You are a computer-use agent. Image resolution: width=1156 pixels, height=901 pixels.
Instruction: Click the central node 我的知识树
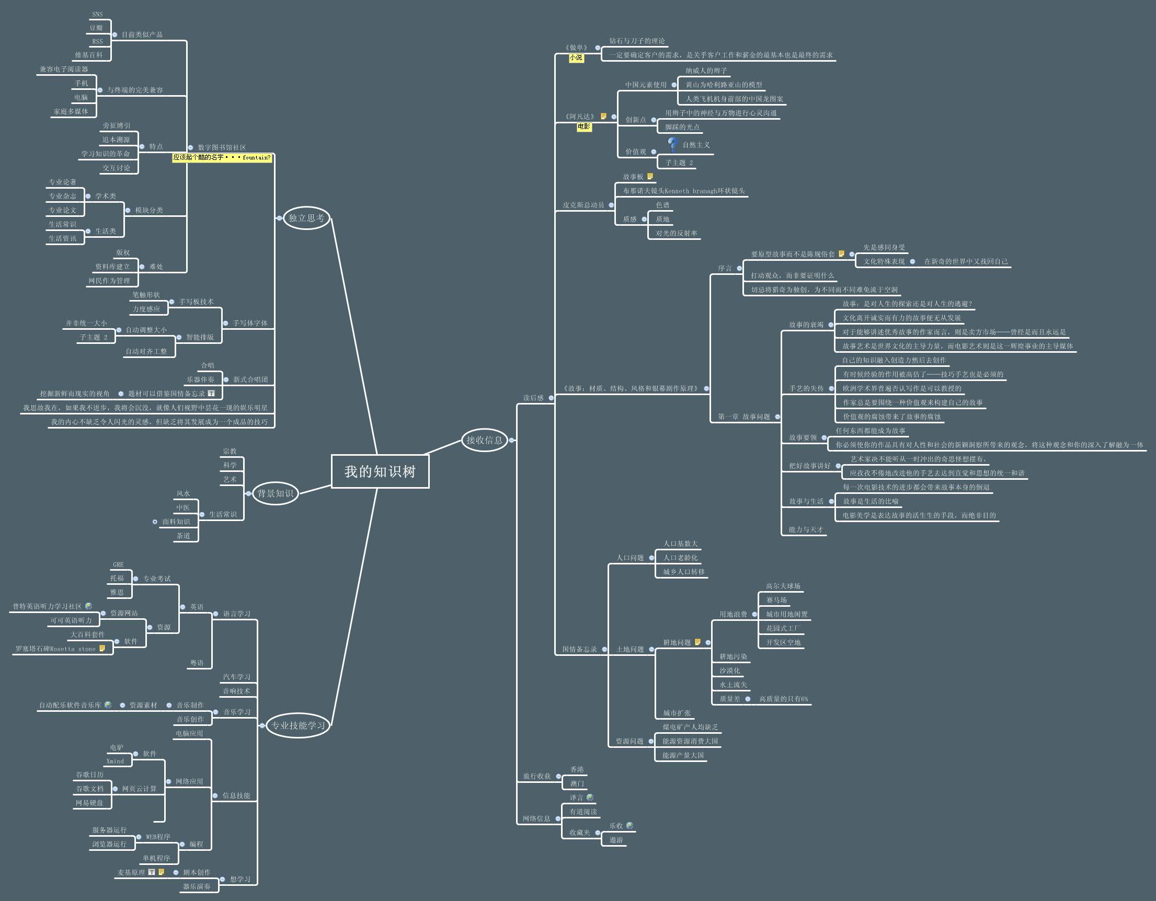coord(380,471)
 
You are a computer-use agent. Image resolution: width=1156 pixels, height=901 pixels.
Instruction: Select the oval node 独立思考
coord(306,218)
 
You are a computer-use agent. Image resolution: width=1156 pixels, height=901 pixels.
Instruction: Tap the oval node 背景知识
coord(275,493)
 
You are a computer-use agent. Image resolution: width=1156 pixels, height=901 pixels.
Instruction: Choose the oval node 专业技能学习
coord(298,725)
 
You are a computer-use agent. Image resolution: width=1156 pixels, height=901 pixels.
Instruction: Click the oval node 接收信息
coord(484,440)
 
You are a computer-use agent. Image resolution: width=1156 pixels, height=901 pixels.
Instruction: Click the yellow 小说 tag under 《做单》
coord(576,57)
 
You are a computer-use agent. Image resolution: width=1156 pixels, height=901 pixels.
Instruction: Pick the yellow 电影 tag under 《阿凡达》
coord(584,126)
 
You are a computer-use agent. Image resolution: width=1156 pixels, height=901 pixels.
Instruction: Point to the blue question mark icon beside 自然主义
coord(673,144)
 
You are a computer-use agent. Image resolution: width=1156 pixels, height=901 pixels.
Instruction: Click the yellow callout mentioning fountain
coord(222,157)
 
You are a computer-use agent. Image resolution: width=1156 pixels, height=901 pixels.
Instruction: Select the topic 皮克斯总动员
coord(583,205)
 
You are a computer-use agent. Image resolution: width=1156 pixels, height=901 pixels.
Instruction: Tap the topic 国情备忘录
coord(579,649)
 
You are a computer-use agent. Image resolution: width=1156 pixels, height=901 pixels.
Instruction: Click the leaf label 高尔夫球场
coord(783,586)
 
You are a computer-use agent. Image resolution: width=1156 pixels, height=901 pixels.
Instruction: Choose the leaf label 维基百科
coord(89,55)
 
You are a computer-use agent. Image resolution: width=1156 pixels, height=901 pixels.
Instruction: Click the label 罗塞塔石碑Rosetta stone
coord(55,649)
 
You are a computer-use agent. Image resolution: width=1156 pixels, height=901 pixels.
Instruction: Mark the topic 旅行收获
coord(537,776)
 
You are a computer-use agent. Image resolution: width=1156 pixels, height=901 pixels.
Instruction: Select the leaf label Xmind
coord(115,761)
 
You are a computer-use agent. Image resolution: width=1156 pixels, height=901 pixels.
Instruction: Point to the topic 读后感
coord(533,398)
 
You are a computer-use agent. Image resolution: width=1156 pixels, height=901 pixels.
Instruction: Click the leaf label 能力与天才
coord(806,529)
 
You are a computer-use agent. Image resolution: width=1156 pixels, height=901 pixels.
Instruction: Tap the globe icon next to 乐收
coord(630,825)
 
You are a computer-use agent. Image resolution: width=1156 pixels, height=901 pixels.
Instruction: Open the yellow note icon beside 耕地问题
coord(697,642)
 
